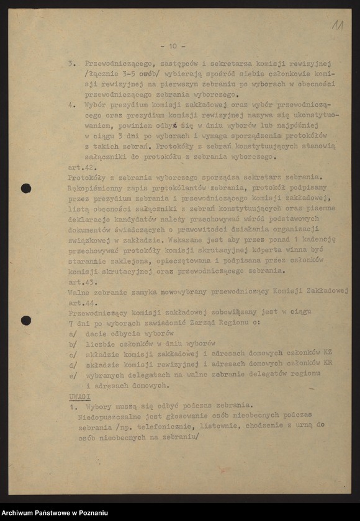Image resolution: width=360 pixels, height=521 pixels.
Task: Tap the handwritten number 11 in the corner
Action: click(337, 25)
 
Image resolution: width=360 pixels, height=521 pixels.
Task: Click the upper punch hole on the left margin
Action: click(25, 188)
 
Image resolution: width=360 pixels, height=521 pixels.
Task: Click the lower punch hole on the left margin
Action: click(25, 321)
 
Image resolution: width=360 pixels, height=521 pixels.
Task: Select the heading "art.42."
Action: click(81, 167)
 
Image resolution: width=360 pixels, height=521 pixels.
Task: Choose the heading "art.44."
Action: click(81, 303)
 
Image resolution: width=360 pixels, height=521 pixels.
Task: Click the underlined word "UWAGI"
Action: click(80, 395)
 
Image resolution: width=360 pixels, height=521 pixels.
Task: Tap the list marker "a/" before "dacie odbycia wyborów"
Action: click(73, 333)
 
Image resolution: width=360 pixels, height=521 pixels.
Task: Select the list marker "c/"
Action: click(73, 354)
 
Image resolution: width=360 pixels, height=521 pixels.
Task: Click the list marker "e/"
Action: click(73, 375)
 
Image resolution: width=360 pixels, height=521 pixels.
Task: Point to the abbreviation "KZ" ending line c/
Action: click(327, 353)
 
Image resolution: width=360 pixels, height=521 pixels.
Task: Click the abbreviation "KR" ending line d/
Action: click(327, 363)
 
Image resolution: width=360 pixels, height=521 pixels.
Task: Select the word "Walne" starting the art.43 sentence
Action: click(79, 293)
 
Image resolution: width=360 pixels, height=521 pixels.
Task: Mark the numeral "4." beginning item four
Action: click(72, 105)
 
